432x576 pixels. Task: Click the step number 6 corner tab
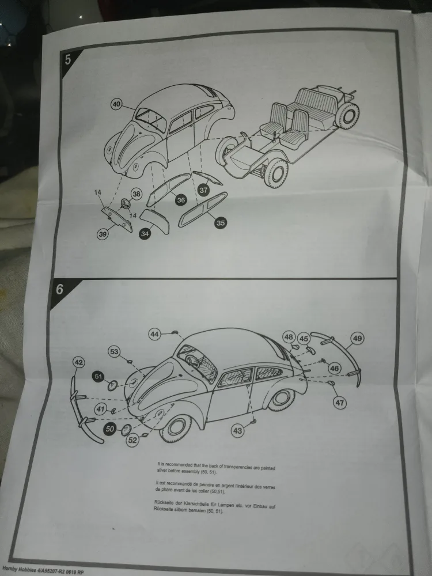[x=60, y=289]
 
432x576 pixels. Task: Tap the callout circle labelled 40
[x=117, y=104]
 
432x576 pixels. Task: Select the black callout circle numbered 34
[x=145, y=234]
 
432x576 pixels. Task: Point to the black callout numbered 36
[x=181, y=200]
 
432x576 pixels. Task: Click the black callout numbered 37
[x=203, y=189]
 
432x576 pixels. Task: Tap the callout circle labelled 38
[x=136, y=194]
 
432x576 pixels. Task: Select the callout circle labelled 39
[x=103, y=234]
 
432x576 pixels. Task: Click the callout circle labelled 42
[x=78, y=362]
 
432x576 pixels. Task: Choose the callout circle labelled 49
[x=357, y=339]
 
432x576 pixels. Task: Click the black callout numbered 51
[x=98, y=376]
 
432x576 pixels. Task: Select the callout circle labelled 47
[x=340, y=403]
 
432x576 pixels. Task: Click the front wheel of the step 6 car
[x=175, y=426]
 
